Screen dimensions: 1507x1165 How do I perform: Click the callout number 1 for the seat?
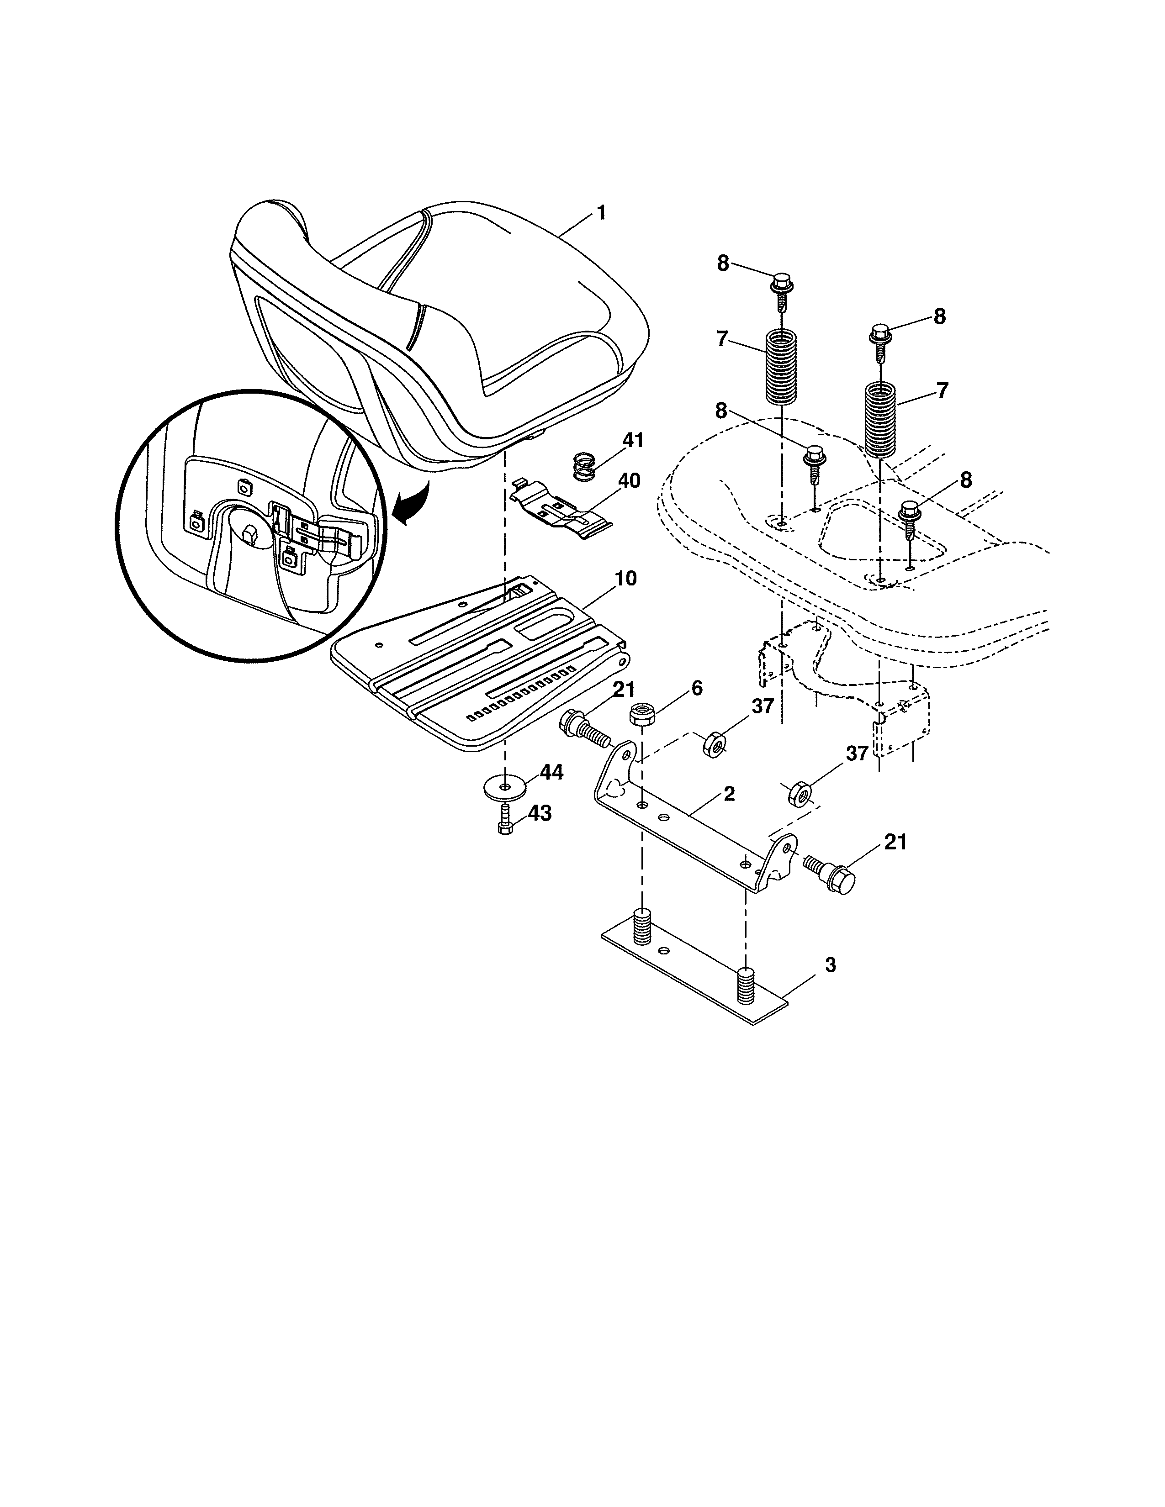[601, 212]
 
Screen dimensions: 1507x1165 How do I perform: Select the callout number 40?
[628, 480]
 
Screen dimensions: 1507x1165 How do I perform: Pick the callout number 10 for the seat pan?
[625, 578]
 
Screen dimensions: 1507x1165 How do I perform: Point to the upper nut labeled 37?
[714, 745]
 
